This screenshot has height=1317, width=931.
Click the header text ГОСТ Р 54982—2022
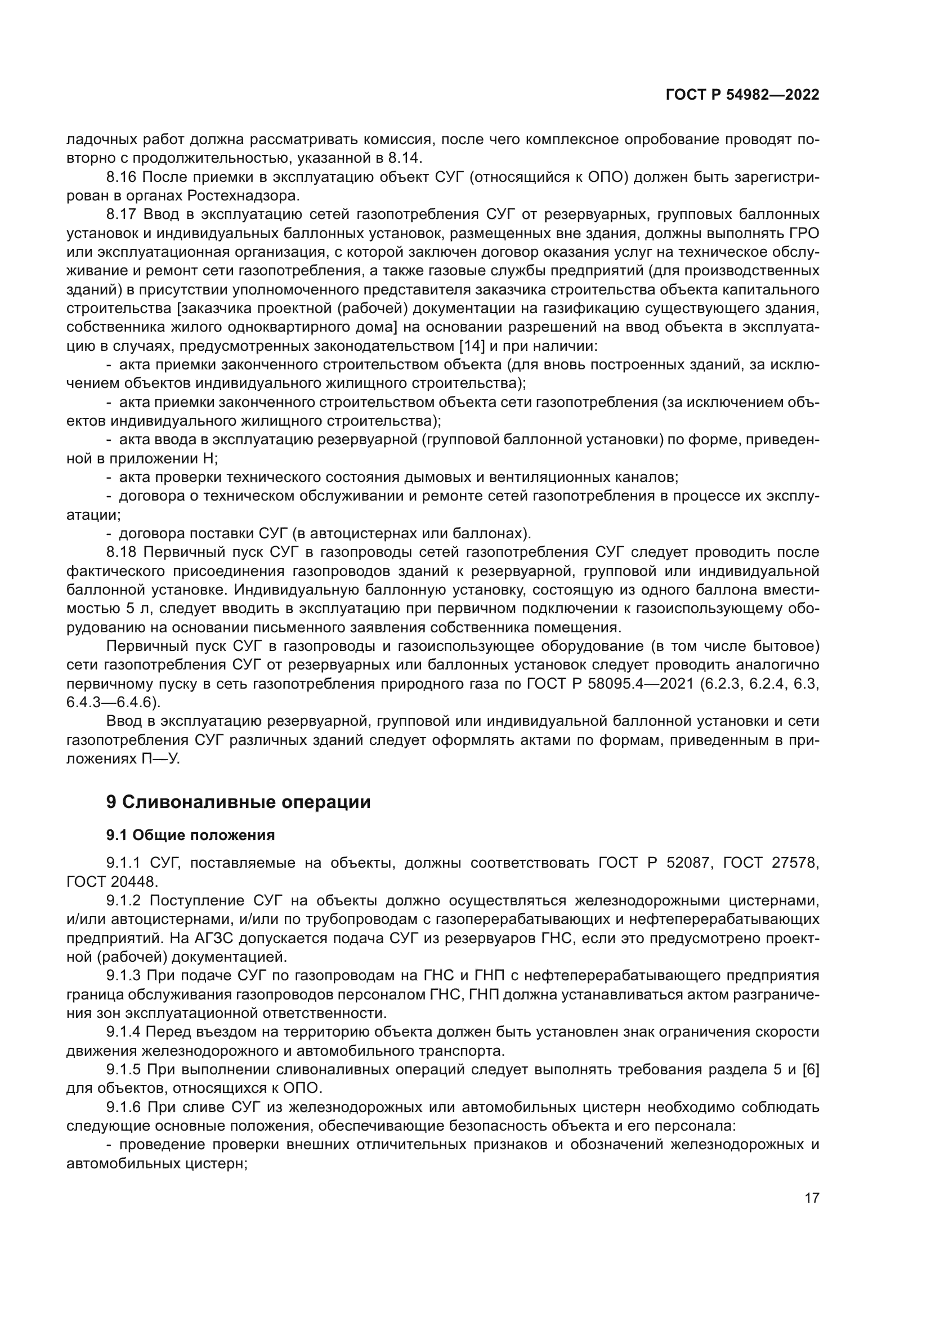[x=742, y=95]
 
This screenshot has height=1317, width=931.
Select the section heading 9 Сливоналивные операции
[x=238, y=802]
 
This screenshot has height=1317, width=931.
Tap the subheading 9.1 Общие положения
[x=190, y=835]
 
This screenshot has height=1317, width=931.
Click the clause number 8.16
[x=122, y=177]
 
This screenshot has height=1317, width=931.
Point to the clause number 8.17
[x=122, y=215]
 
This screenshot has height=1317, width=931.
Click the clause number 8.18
[x=122, y=552]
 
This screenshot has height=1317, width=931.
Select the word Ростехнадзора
[x=243, y=195]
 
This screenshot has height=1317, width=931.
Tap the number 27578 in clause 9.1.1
[x=794, y=863]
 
